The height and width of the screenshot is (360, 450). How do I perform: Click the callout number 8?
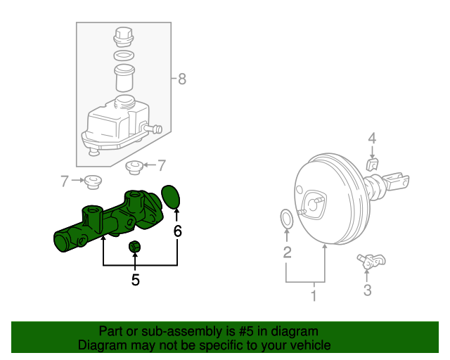coord(182,79)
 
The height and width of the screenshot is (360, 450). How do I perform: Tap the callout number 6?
coord(178,231)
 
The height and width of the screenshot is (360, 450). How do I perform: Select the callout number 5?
coord(135,280)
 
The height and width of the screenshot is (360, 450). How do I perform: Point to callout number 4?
coord(373,138)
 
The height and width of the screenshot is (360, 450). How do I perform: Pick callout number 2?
coord(287,252)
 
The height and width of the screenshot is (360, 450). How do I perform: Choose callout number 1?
coord(314,296)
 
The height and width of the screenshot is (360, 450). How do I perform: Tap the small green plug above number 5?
coord(135,247)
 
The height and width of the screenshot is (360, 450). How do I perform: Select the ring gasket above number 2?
coord(287,219)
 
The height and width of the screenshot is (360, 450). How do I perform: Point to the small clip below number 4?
coord(373,165)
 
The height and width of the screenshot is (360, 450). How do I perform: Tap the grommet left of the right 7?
coord(134,167)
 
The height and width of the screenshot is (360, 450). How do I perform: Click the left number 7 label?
coord(65,181)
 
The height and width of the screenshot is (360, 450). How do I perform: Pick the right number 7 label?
coord(161,166)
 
